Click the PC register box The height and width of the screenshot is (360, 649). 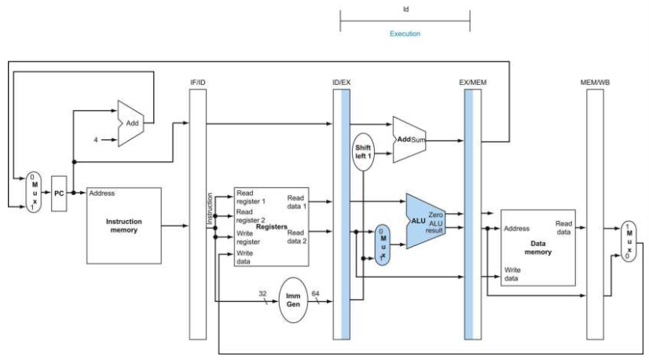point(59,193)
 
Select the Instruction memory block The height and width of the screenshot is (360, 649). point(124,226)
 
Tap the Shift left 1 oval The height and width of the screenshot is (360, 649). point(363,152)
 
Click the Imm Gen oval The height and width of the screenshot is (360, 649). point(293,300)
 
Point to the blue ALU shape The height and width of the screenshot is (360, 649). point(424,221)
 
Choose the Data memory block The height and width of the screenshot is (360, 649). point(538,248)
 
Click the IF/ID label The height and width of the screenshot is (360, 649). point(198,83)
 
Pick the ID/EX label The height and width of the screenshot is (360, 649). point(342,83)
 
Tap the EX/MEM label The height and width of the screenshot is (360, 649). point(473,83)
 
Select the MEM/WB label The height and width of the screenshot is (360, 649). point(595,83)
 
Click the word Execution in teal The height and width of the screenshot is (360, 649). point(405,34)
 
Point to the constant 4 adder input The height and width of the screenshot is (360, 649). point(96,140)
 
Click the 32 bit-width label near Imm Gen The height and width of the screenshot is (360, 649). point(262,293)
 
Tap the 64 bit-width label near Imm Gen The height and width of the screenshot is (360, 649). point(315,293)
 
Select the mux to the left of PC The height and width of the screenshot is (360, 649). point(34,193)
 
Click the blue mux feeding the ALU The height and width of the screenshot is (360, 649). point(383,244)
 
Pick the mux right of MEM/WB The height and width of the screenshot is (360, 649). point(629,241)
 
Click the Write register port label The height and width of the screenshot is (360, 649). point(248,237)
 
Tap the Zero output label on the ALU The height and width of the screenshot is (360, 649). point(435,215)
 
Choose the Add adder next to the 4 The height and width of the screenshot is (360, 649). point(130,123)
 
